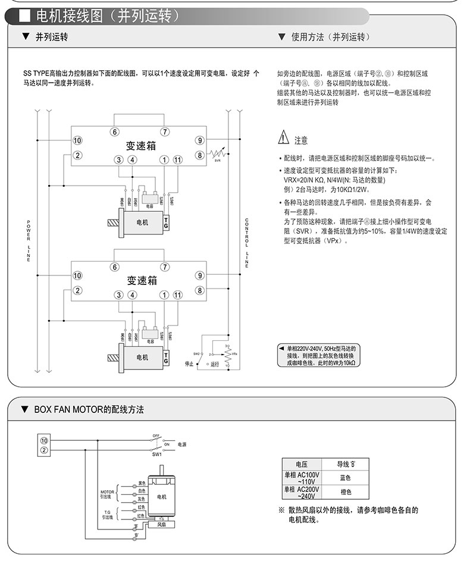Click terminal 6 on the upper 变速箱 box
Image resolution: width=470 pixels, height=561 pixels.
115,132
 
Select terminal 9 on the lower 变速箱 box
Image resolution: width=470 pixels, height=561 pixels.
200,275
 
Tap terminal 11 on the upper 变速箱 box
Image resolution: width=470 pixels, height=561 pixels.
177,160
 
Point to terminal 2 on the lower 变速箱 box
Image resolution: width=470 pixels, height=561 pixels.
77,290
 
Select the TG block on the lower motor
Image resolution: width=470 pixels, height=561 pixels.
166,358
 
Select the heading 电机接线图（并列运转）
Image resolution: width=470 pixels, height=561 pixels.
107,16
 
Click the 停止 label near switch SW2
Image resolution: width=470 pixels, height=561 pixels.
189,363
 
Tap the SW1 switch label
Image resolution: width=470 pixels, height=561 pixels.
157,455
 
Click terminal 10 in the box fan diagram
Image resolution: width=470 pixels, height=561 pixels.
43,440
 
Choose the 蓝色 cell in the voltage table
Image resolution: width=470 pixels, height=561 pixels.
345,478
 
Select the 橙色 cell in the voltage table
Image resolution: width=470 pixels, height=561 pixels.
345,492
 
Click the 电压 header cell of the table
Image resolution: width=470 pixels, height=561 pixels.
302,464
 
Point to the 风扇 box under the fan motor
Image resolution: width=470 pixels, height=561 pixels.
161,525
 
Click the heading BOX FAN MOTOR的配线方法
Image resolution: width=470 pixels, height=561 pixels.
89,410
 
